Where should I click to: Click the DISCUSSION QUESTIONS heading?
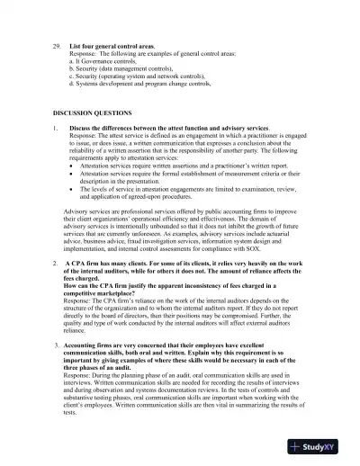[x=92, y=112]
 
